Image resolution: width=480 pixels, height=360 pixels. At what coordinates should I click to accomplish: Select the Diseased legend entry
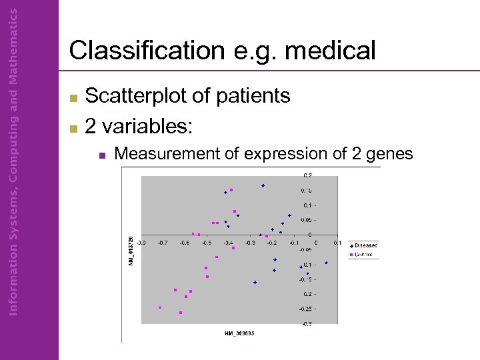tap(365, 245)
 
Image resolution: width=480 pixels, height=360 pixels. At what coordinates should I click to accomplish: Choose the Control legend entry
tap(363, 255)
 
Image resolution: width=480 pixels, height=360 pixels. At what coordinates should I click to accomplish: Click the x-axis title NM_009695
tap(239, 333)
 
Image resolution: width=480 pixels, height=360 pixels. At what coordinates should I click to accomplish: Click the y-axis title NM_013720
tap(131, 249)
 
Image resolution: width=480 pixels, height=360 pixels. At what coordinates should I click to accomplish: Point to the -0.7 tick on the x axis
tap(163, 243)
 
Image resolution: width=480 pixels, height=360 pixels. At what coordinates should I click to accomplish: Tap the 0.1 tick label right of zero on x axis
tap(337, 243)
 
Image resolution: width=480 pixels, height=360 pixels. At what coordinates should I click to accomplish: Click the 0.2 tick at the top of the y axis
tap(307, 176)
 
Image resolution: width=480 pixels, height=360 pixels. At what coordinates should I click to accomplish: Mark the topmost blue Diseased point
tap(263, 185)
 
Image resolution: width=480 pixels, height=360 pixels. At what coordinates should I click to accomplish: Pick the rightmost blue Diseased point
tap(326, 263)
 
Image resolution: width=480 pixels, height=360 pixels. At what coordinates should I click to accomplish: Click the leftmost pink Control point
tap(160, 307)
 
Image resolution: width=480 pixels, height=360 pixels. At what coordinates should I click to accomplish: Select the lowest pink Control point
tap(181, 313)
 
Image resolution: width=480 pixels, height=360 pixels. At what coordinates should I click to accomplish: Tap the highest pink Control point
tap(231, 190)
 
